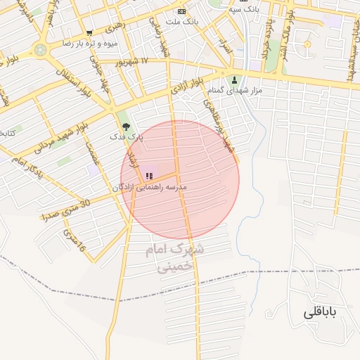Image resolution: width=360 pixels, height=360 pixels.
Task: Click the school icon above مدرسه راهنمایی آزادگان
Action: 148,176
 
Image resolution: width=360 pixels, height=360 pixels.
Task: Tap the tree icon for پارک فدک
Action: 126,127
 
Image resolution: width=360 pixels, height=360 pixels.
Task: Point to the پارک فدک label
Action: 127,138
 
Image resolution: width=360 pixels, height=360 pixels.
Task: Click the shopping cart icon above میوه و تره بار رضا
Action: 89,33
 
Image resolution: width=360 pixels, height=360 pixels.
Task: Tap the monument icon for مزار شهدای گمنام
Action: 234,79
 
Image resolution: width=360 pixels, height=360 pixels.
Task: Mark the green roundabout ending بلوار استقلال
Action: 40,50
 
